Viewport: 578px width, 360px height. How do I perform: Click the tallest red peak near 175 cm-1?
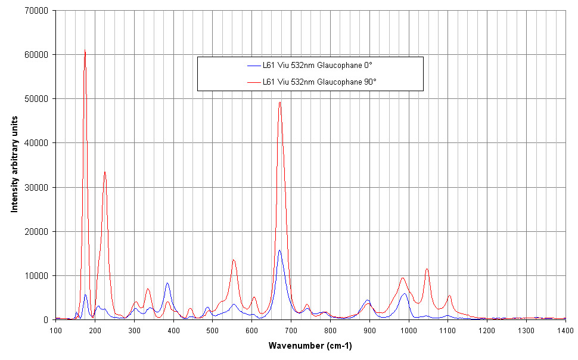pos(85,50)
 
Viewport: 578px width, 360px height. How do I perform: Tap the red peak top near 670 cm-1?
pos(279,102)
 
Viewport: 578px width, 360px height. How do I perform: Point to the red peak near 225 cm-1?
pos(105,172)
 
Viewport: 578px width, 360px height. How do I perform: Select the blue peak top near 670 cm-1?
pos(279,250)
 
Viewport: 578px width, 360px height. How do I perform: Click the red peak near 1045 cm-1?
pos(427,269)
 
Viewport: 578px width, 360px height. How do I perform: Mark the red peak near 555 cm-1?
pos(234,260)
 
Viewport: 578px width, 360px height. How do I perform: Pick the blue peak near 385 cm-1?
pos(167,283)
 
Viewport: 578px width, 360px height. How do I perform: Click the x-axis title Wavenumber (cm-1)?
pos(310,346)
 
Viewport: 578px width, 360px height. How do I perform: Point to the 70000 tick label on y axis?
pos(36,10)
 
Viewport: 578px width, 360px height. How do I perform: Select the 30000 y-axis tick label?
pos(36,187)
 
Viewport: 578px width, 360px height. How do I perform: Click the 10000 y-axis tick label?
pos(36,275)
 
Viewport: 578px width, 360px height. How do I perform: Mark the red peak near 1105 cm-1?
pos(449,296)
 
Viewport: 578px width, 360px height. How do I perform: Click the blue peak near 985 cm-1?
pos(404,294)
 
